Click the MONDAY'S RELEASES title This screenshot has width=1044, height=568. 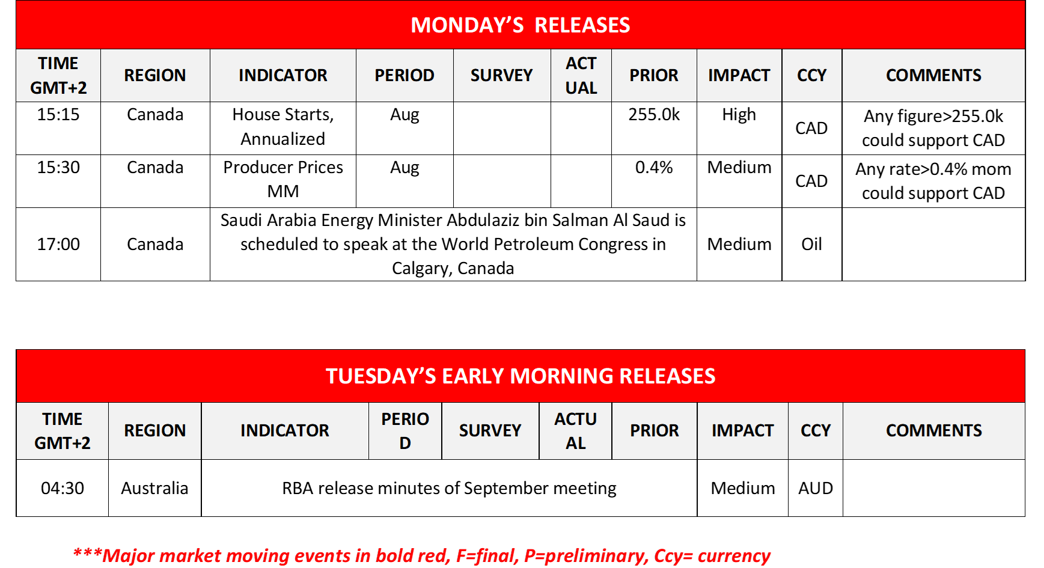[x=520, y=25]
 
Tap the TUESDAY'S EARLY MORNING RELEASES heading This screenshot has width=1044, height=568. [x=520, y=376]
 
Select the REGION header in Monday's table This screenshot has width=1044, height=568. [x=155, y=75]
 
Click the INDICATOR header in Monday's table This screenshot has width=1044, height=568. [x=283, y=75]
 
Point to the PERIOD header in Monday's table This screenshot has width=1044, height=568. [x=404, y=75]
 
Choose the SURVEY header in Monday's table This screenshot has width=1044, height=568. [x=502, y=75]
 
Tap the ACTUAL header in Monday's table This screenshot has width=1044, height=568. [x=581, y=75]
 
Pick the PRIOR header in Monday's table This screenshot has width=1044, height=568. [x=654, y=75]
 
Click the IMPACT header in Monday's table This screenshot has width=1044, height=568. [x=739, y=75]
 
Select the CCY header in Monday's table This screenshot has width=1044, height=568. [x=812, y=75]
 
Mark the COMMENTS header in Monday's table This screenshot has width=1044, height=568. [x=933, y=75]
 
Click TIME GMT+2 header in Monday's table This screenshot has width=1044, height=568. [x=58, y=75]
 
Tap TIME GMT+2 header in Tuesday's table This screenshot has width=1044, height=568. [x=63, y=430]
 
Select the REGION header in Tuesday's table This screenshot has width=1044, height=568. [x=155, y=430]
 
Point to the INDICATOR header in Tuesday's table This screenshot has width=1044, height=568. [x=285, y=430]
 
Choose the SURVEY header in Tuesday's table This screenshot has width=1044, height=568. [x=490, y=430]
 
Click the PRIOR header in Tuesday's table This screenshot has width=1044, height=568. [x=655, y=430]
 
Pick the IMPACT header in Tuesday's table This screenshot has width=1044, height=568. [x=743, y=430]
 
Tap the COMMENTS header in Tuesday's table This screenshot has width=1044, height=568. [x=934, y=430]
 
